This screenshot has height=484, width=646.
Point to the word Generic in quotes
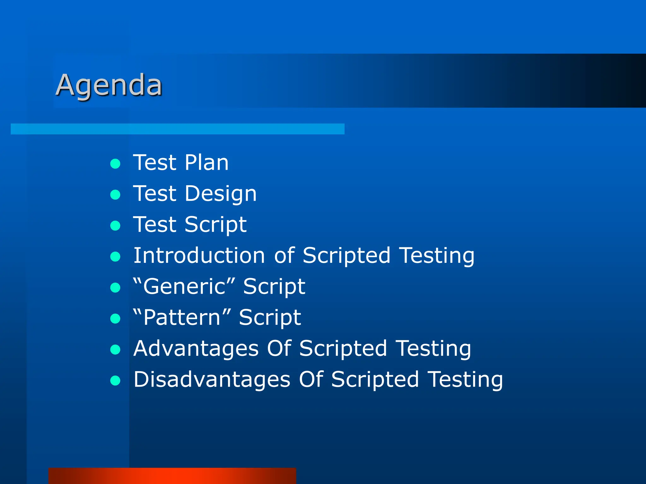[185, 286]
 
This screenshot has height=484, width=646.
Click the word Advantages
[196, 349]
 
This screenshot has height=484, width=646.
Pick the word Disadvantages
[212, 379]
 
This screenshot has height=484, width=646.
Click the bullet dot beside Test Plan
[115, 164]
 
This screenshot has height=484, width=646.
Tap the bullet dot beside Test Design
[115, 194]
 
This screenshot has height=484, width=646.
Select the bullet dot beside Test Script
[115, 226]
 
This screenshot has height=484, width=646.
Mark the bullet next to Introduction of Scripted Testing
[115, 256]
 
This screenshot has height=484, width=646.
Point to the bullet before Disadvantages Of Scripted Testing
[115, 381]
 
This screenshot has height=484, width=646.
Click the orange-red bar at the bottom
[172, 476]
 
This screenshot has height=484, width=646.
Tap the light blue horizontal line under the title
[177, 129]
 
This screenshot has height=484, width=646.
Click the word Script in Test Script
[215, 225]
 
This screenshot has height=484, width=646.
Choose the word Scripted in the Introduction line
[346, 256]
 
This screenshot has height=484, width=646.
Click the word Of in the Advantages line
[279, 349]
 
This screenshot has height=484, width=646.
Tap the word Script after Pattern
[270, 318]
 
